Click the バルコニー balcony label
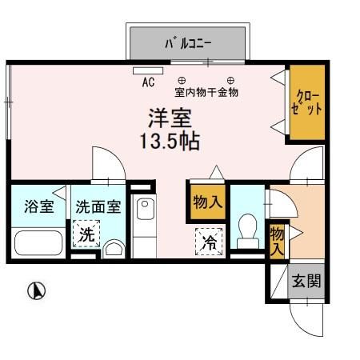coord(188,43)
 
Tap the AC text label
coord(148,82)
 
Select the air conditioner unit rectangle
coord(148,70)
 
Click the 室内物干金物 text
coord(206,93)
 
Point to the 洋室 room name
coord(170,118)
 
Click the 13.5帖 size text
coord(170,141)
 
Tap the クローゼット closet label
coord(306,103)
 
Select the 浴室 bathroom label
coord(39,206)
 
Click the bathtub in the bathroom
coord(38,243)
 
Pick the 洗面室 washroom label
coord(98,206)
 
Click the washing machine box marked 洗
coord(86,234)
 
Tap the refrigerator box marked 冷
coord(210,242)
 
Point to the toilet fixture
coord(248,231)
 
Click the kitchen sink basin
coord(145,208)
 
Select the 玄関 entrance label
coord(306,281)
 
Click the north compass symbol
coord(37,290)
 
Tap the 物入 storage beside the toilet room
coord(207,202)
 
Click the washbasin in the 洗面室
coord(114,250)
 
